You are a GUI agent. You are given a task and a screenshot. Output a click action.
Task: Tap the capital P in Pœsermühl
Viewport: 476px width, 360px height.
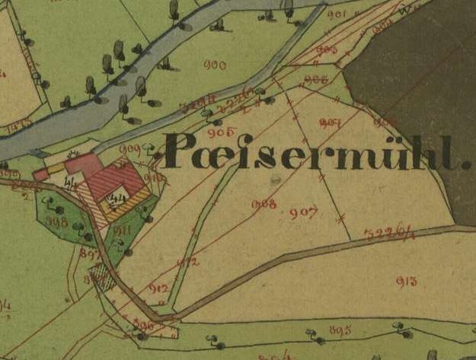pyautogui.click(x=180, y=151)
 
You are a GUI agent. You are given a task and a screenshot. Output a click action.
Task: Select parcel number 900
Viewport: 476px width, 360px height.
pyautogui.click(x=215, y=65)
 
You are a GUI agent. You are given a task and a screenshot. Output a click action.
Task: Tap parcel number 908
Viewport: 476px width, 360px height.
pyautogui.click(x=264, y=203)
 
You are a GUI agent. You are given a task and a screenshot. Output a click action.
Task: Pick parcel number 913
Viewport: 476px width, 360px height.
pyautogui.click(x=406, y=281)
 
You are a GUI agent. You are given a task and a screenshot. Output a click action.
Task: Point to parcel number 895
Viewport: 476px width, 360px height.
pyautogui.click(x=340, y=330)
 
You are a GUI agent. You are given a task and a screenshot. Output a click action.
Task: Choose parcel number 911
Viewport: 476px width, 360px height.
pyautogui.click(x=123, y=229)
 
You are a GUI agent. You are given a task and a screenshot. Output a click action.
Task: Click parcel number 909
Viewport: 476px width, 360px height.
pyautogui.click(x=130, y=148)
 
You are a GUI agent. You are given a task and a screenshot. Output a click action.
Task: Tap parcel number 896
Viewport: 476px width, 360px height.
pyautogui.click(x=144, y=324)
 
